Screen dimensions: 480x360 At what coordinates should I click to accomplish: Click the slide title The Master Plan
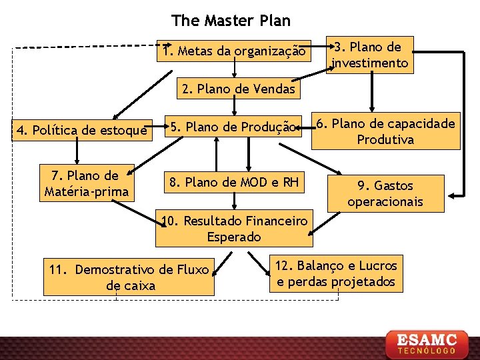point(231,20)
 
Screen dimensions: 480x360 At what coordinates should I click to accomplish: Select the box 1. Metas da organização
point(234,51)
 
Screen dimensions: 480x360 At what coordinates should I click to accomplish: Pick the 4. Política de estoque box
point(81,130)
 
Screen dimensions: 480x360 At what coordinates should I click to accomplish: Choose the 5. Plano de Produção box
point(231,127)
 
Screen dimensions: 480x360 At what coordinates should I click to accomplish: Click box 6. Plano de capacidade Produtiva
point(386,131)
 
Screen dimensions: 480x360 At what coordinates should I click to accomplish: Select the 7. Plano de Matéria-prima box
point(85,183)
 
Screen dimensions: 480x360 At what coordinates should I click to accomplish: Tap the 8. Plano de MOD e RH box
point(233,182)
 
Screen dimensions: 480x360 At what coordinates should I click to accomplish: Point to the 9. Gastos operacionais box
point(385,193)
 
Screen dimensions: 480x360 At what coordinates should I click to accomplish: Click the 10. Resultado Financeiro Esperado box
point(234,228)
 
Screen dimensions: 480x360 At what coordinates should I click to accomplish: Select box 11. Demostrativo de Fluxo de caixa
point(129,277)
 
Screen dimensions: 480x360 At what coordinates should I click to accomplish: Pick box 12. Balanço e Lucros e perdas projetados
point(336,273)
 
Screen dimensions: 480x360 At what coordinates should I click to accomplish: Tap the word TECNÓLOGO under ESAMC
point(427,350)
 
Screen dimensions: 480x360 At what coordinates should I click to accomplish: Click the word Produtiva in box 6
point(385,139)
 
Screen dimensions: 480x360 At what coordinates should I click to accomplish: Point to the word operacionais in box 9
point(385,201)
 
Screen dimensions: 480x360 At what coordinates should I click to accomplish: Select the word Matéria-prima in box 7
point(85,192)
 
